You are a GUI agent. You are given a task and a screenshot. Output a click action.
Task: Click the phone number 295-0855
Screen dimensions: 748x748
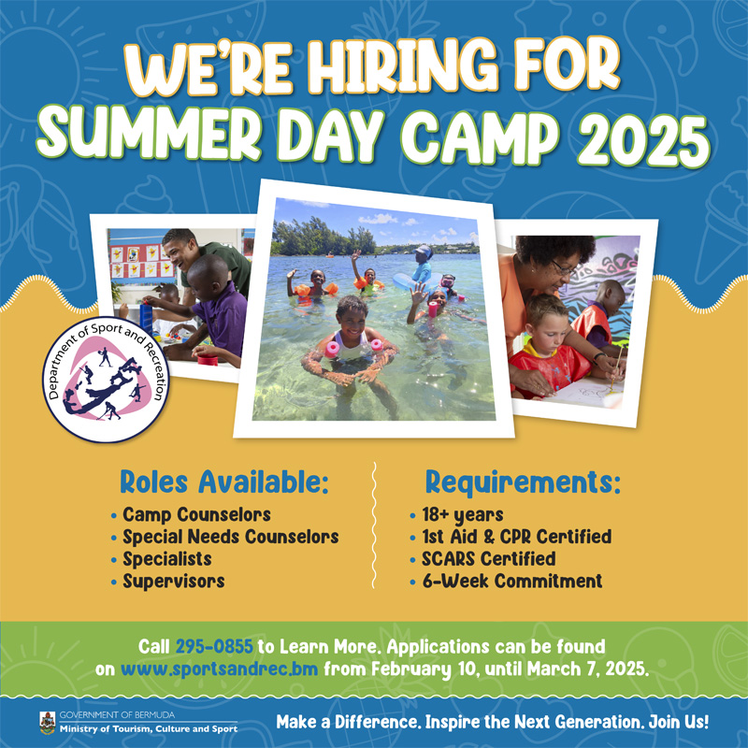coord(214,646)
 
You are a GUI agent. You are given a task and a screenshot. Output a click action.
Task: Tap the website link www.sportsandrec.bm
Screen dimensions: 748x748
coord(219,669)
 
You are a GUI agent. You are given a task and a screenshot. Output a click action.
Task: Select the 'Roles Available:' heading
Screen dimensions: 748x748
coord(224,482)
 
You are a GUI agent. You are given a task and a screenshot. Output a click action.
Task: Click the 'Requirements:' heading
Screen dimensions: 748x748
coord(523,482)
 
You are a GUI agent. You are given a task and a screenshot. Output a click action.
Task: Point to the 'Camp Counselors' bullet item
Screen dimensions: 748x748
coord(196,515)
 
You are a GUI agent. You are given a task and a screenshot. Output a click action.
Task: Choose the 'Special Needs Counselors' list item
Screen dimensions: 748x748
coord(231,537)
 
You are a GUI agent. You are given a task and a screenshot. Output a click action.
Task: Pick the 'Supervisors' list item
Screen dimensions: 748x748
coord(174,581)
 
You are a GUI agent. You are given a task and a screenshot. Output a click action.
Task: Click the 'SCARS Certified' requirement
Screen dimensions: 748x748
coord(488,558)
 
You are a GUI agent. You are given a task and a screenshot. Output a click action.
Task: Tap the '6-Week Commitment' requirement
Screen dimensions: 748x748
coord(512,581)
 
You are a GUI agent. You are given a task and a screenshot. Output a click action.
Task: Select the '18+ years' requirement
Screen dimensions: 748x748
coord(463,515)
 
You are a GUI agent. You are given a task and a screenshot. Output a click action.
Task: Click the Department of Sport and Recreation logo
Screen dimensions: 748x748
coord(106,380)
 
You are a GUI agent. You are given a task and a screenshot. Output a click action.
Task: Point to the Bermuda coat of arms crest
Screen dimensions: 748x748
coord(48,723)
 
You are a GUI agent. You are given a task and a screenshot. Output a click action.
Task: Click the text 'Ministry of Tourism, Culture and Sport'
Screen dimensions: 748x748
coord(149,729)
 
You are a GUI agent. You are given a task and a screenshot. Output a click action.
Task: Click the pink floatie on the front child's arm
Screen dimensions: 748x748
coord(332,349)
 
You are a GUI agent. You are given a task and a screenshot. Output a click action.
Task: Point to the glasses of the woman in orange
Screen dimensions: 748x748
coord(565,268)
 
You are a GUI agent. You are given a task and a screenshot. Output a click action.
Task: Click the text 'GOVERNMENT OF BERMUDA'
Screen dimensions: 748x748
coord(117,715)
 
